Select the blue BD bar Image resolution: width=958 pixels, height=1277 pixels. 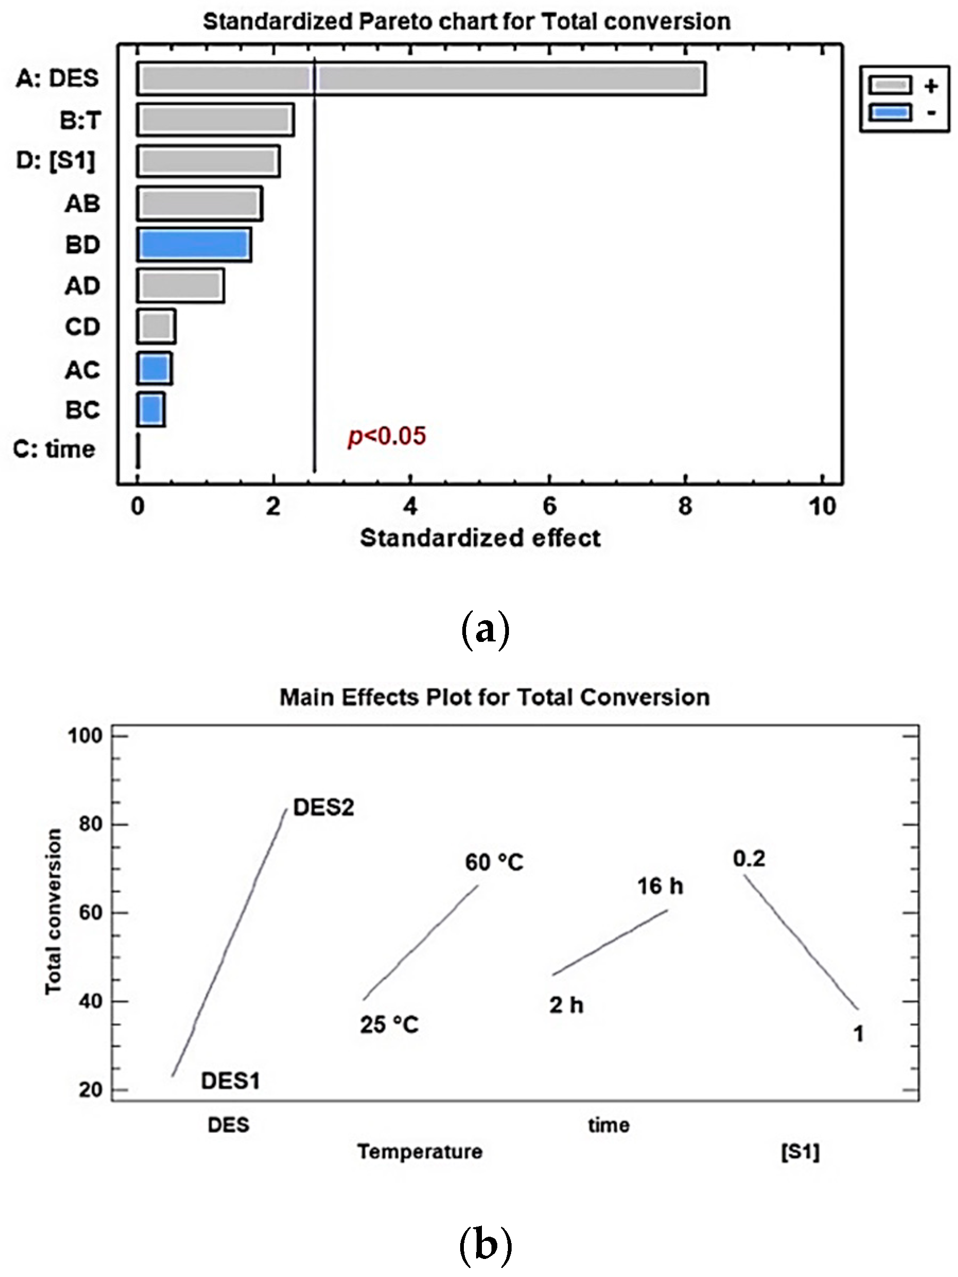click(x=194, y=245)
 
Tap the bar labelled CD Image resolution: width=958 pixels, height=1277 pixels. click(x=156, y=327)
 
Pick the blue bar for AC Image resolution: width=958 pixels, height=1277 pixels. click(x=154, y=368)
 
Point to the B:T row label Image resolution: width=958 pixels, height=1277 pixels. click(x=80, y=121)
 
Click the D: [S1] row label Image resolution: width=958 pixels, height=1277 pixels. click(x=56, y=161)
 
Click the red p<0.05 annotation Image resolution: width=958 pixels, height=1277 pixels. click(x=386, y=436)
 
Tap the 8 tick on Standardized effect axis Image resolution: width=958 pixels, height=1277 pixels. click(x=685, y=506)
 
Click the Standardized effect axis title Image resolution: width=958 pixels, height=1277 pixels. click(x=480, y=538)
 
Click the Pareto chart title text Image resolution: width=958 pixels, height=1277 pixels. click(x=467, y=22)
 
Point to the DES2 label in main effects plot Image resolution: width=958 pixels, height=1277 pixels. click(x=323, y=807)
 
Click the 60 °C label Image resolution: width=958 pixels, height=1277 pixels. click(x=494, y=862)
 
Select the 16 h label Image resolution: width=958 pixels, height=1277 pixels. click(x=660, y=886)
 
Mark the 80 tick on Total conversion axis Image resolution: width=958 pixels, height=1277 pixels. click(x=91, y=824)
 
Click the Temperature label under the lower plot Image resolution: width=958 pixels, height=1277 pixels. click(x=420, y=1152)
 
